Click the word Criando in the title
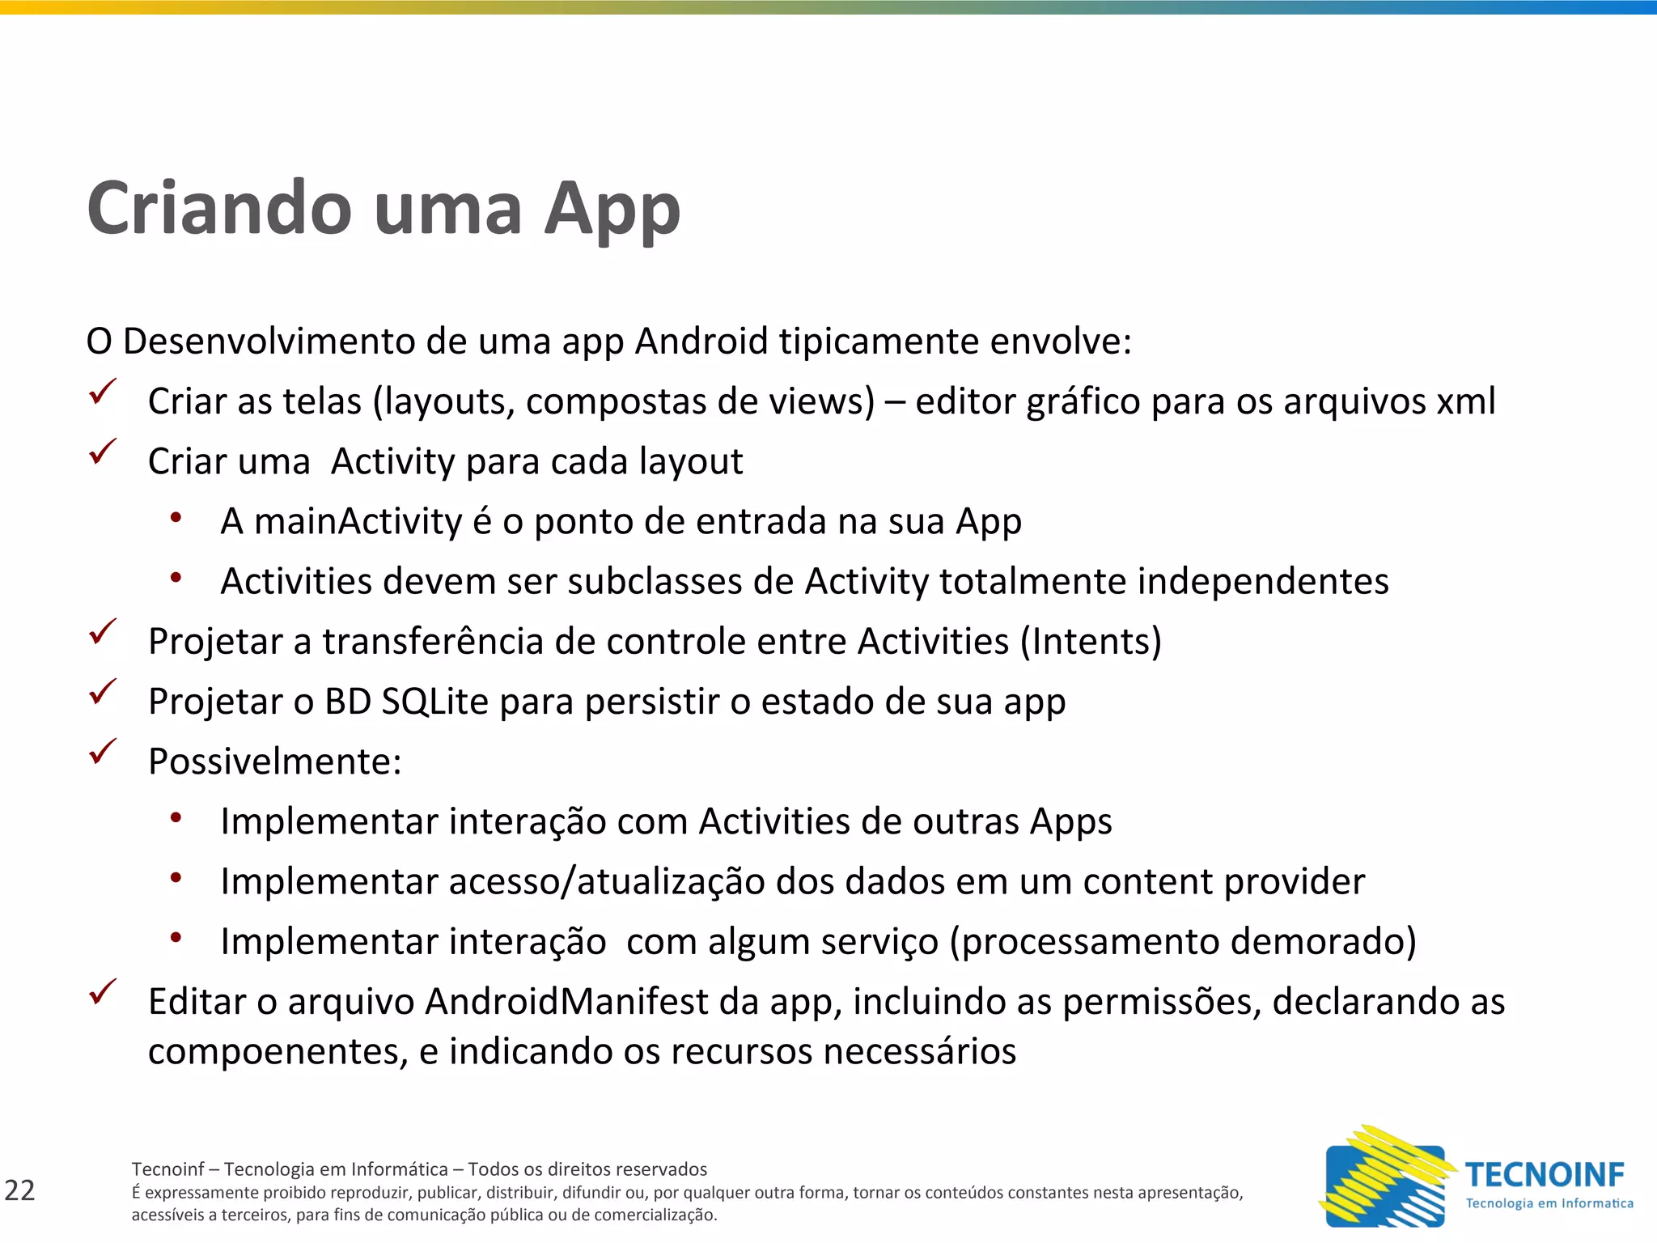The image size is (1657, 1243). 218,209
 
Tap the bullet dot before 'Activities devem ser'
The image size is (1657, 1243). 176,577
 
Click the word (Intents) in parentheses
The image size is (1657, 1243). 1091,642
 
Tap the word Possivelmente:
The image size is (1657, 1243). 275,761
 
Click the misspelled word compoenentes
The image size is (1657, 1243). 278,1052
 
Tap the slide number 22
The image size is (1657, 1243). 20,1190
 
